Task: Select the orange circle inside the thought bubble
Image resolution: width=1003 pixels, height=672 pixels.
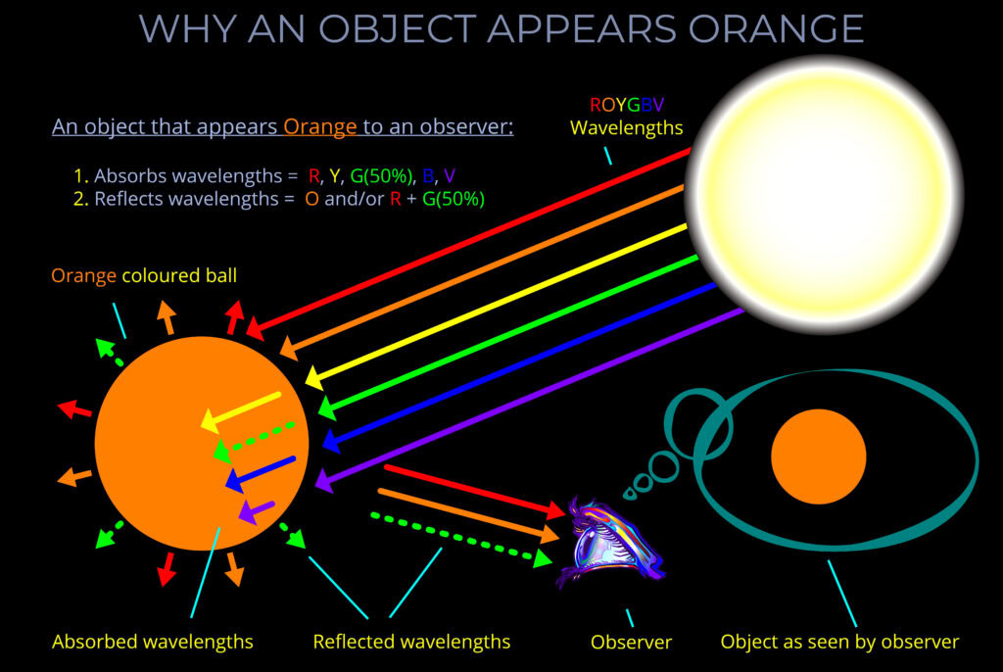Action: click(x=818, y=456)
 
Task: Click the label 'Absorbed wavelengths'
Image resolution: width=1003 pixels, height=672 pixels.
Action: click(x=152, y=643)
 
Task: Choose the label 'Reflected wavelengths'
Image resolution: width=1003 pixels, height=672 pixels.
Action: click(x=411, y=643)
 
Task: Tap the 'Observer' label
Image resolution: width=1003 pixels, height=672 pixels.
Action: click(x=631, y=643)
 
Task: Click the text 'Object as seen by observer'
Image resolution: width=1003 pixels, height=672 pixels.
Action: click(x=839, y=643)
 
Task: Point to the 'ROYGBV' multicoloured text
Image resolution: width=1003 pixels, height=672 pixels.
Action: click(x=627, y=105)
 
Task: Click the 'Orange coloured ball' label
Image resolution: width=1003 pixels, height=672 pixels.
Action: click(x=144, y=276)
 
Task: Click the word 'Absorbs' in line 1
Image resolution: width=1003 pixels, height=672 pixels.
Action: click(x=129, y=176)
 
